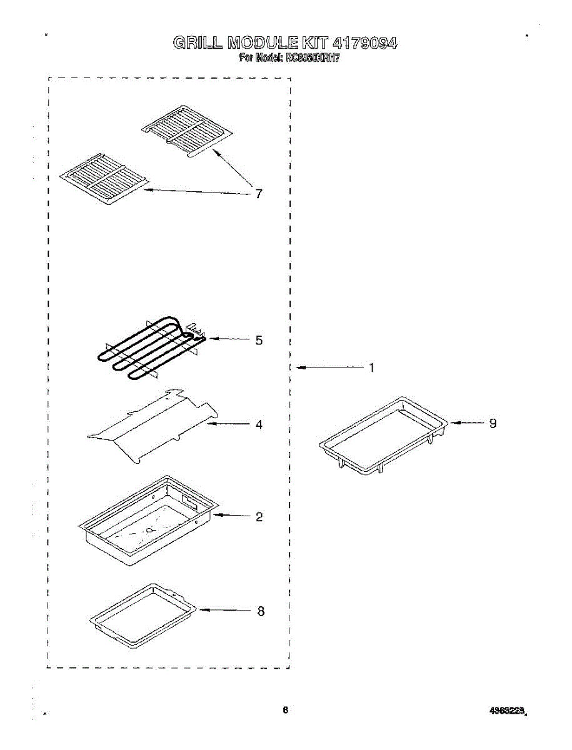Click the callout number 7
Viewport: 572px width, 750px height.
tap(258, 193)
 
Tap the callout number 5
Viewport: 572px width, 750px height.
tap(259, 341)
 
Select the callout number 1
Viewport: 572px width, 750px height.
tap(371, 368)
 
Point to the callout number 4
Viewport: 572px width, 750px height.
tap(259, 424)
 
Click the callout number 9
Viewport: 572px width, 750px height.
tap(493, 423)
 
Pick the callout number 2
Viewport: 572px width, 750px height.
tap(259, 517)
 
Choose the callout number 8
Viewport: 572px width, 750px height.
tap(261, 611)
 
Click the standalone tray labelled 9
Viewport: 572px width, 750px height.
tap(383, 435)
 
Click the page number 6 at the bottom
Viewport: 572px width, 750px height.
tap(285, 709)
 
